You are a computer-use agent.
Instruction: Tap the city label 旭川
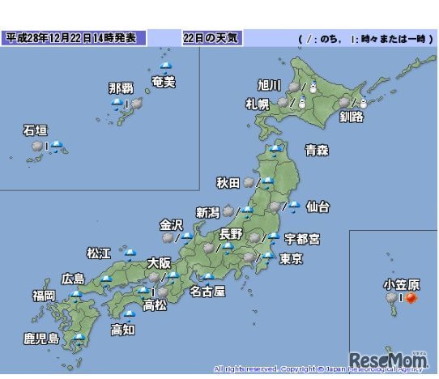coord(269,84)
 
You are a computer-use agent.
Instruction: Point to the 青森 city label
coord(316,150)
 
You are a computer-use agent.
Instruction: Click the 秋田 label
coord(228,184)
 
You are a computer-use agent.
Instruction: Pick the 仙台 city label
coord(318,207)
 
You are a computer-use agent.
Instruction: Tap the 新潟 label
coord(207,213)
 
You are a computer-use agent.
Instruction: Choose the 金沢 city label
coord(172,224)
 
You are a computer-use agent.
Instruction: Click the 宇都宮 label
coord(302,239)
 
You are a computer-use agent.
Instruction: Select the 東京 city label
coord(291,260)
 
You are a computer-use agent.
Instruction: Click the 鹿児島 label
coord(41,338)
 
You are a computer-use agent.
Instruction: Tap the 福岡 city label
coord(45,296)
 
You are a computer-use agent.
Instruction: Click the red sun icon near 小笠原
coord(411,299)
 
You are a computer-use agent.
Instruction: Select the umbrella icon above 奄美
coord(167,66)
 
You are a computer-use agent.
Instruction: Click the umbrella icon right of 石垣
coord(58,147)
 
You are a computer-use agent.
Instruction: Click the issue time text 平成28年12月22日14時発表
coord(75,38)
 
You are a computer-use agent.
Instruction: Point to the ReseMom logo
coord(387,359)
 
